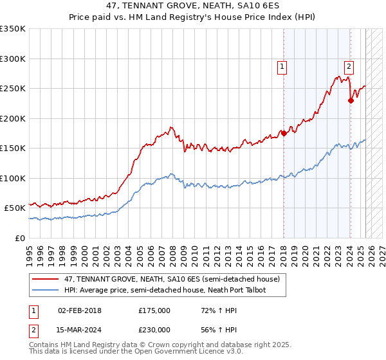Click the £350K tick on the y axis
coord(14,29)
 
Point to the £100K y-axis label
coord(14,178)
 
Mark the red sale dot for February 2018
coord(284,134)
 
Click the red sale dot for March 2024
coord(351,100)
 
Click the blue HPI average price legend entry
coord(165,291)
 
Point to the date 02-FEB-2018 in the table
coord(80,310)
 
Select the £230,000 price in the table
coord(154,329)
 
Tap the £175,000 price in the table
coord(154,310)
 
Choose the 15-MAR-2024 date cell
coord(80,329)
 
